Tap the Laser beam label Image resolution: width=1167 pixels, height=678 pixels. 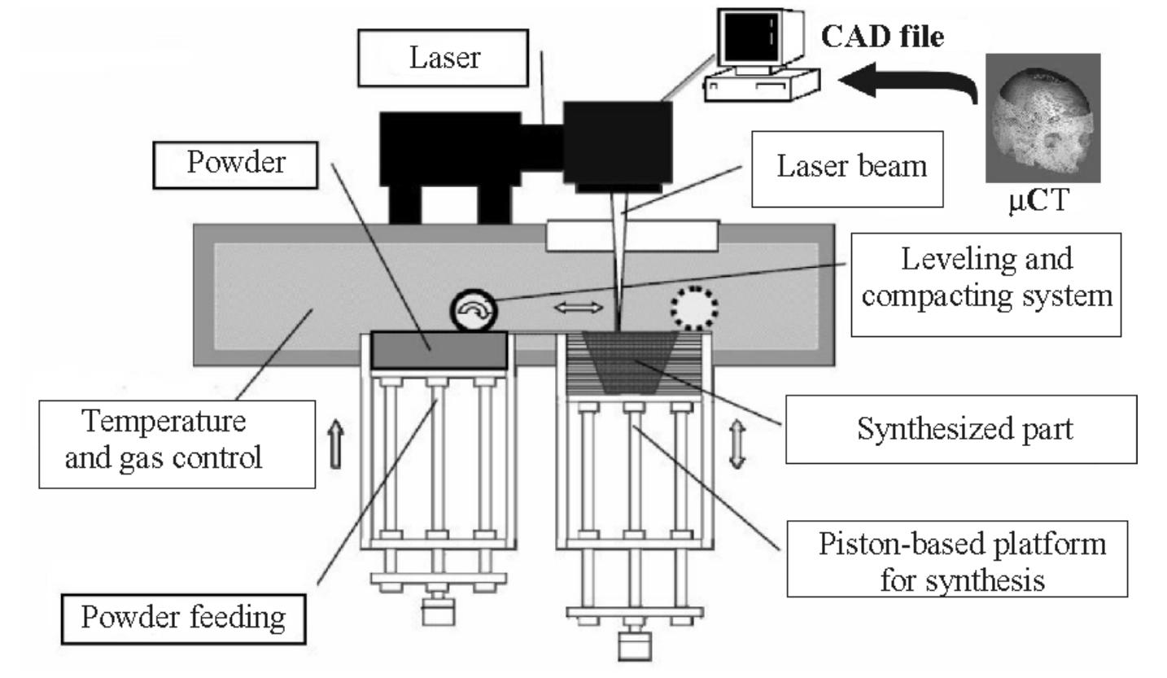[846, 168]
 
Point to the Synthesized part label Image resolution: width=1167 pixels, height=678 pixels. [960, 429]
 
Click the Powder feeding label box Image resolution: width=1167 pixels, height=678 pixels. [183, 619]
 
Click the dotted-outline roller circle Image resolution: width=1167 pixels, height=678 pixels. [694, 308]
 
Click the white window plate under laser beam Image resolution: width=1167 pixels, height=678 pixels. [632, 234]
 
